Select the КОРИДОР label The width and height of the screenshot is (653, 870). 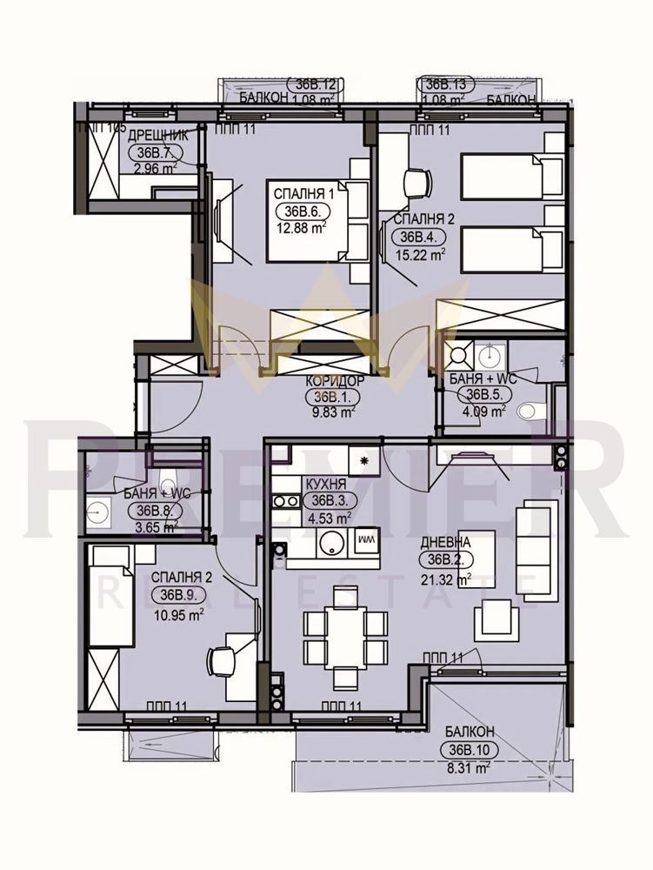(334, 381)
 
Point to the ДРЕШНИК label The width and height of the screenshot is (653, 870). (158, 134)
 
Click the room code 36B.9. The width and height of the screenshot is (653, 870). (177, 596)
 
